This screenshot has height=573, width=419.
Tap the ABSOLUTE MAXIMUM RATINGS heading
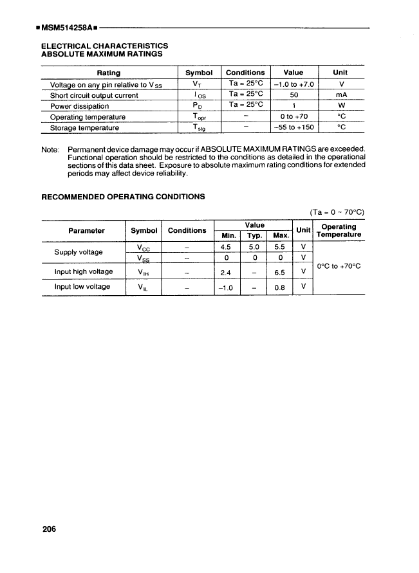pyautogui.click(x=101, y=54)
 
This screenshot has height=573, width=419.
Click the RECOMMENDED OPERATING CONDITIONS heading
pyautogui.click(x=123, y=196)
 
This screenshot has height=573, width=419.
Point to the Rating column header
pyautogui.click(x=109, y=73)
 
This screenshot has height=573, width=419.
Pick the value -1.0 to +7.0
pyautogui.click(x=293, y=84)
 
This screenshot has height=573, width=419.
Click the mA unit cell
pyautogui.click(x=342, y=95)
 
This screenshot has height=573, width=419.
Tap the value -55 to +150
pyautogui.click(x=293, y=127)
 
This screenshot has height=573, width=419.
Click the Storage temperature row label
pyautogui.click(x=84, y=127)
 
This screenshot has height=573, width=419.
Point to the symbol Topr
pyautogui.click(x=198, y=117)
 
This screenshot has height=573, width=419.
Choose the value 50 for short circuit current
pyautogui.click(x=293, y=95)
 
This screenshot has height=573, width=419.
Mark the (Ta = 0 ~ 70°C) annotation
pyautogui.click(x=337, y=212)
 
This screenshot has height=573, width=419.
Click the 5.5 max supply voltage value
pyautogui.click(x=279, y=247)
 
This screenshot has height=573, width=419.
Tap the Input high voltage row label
pyautogui.click(x=84, y=271)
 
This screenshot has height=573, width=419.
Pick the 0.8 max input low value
pyautogui.click(x=279, y=287)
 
